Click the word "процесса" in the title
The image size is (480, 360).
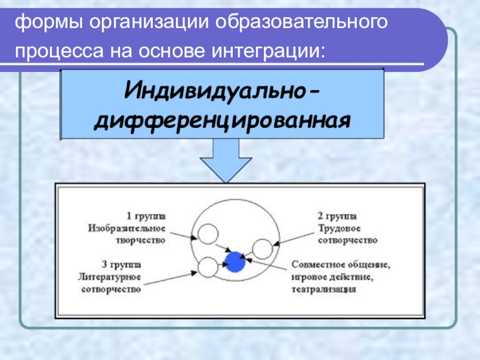point(57,52)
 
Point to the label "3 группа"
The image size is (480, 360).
point(122,265)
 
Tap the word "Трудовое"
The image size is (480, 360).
point(338,228)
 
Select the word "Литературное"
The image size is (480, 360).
point(110,277)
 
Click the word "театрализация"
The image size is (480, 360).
point(324,289)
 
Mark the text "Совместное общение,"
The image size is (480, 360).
point(341,265)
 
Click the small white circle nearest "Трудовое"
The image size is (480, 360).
point(262,248)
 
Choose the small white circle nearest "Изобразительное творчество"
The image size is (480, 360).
point(207,233)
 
